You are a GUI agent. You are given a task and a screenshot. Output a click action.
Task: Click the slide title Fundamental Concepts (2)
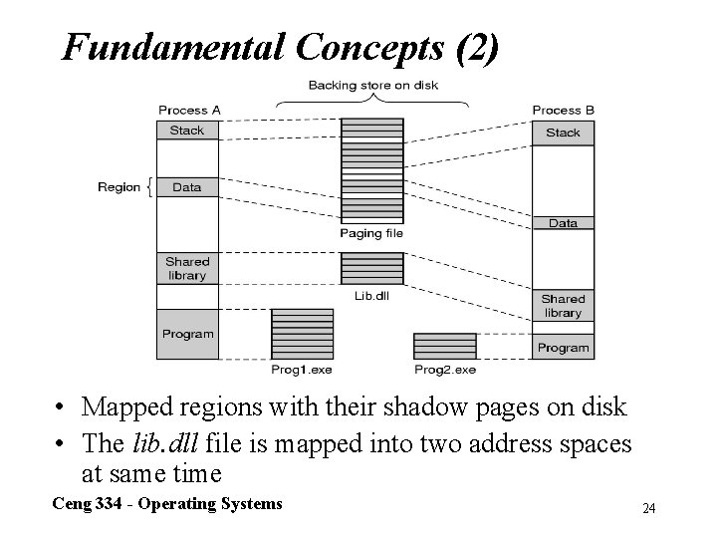[280, 46]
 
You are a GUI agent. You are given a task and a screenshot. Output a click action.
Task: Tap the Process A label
[188, 110]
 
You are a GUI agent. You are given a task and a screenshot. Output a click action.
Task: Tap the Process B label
[563, 110]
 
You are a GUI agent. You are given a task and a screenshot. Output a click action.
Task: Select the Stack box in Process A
[187, 131]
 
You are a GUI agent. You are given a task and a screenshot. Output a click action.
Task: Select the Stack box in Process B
[563, 133]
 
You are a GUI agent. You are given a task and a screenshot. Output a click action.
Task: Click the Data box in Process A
[187, 186]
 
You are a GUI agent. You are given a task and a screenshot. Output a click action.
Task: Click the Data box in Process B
[563, 223]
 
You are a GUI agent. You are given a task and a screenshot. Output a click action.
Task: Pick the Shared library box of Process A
[187, 268]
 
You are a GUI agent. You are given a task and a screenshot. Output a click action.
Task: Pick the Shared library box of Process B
[563, 306]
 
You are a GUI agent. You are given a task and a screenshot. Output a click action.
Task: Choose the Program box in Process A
[187, 335]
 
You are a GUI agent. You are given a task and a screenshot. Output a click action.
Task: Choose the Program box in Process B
[563, 348]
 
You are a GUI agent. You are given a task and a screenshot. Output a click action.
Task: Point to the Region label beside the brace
[119, 187]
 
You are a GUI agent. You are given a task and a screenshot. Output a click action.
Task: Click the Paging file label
[371, 234]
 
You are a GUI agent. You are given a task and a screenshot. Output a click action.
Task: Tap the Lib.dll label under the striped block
[371, 296]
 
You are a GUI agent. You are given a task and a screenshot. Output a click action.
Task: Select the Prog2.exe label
[445, 370]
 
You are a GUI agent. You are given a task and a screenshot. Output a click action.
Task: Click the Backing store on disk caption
[372, 86]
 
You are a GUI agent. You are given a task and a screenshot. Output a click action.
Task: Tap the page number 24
[648, 509]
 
